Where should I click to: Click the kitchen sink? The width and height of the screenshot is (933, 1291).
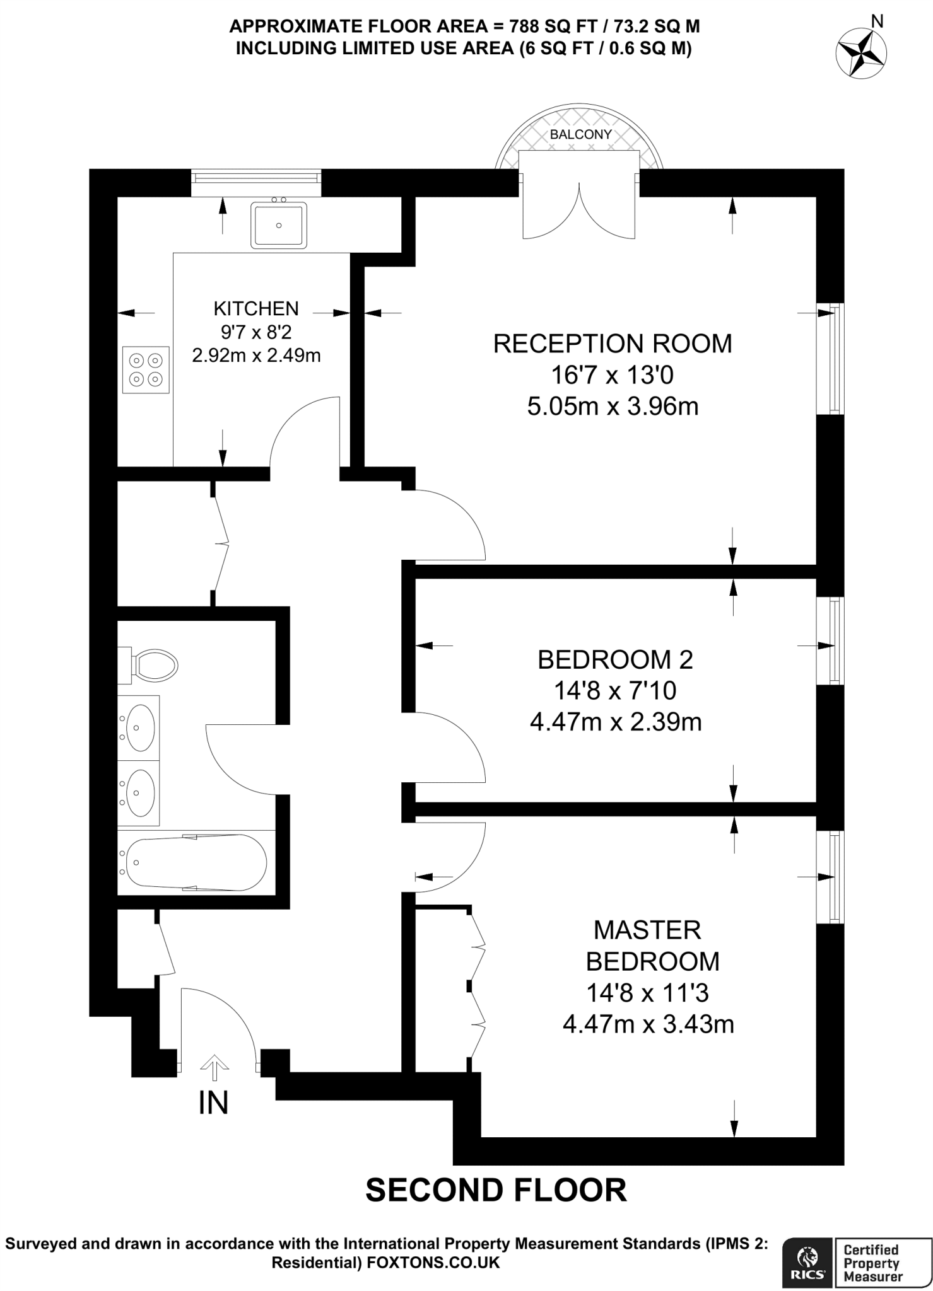(278, 225)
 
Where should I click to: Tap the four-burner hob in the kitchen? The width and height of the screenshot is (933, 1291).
(146, 370)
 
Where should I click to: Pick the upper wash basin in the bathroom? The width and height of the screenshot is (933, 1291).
(139, 727)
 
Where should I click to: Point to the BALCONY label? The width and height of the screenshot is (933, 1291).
(580, 134)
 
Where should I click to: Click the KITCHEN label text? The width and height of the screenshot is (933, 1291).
(255, 308)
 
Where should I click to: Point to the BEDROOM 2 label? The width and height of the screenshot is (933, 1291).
(615, 659)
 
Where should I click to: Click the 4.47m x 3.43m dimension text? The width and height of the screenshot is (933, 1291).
(648, 1024)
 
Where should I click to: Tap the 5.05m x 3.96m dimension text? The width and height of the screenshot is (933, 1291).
(613, 407)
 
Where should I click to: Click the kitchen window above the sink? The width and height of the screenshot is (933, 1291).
(256, 178)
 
